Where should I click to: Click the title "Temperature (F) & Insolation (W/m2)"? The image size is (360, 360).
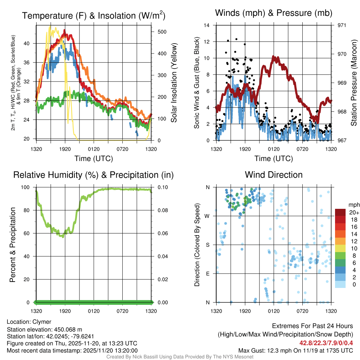94,15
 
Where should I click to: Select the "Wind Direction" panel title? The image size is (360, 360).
274,175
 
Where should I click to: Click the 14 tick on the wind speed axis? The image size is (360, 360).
207,25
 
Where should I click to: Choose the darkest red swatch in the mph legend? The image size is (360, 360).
340,212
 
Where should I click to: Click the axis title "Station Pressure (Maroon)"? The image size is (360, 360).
354,83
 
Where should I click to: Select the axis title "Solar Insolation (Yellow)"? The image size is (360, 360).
174,83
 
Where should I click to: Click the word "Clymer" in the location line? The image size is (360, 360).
42,322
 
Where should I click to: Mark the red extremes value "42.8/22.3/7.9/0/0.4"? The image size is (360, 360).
326,343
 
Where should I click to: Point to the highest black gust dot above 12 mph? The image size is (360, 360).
236,39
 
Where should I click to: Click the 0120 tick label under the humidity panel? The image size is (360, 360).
94,311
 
